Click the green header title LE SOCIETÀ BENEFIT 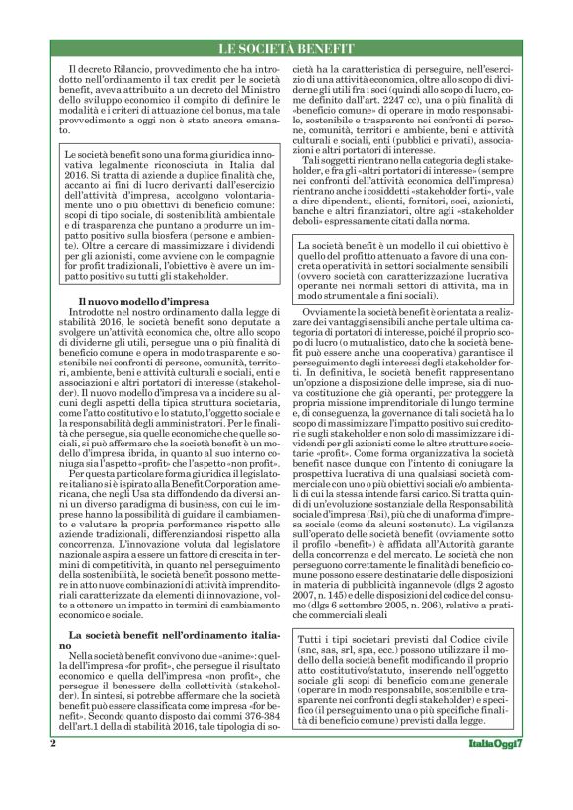[x=286, y=47]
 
